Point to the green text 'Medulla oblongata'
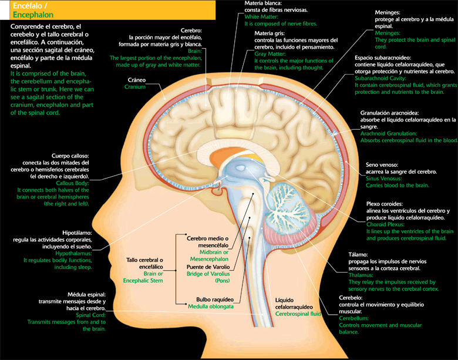pyautogui.click(x=211, y=307)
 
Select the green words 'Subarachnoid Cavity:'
pyautogui.click(x=382, y=78)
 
